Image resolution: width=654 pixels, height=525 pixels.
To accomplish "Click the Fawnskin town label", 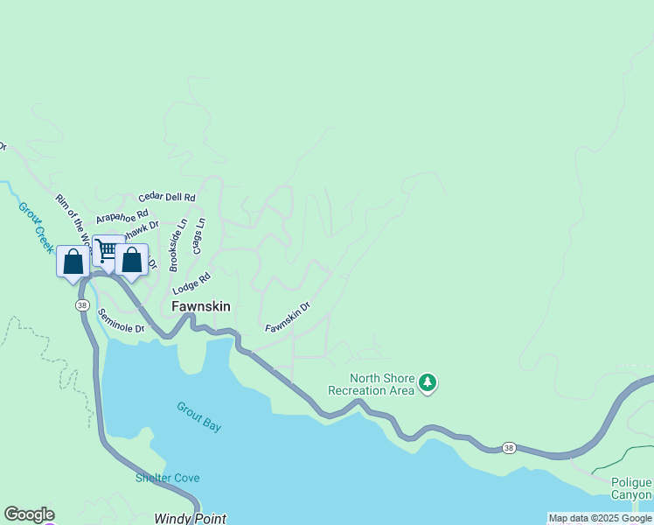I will (200, 306).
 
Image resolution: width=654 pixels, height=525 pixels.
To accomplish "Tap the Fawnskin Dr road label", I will (288, 317).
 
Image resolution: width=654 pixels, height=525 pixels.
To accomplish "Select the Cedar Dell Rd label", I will (166, 198).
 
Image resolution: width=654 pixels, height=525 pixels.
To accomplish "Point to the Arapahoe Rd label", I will (122, 215).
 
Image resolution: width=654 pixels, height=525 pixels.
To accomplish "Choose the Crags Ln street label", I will (200, 235).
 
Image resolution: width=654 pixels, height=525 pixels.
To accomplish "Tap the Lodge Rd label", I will (192, 283).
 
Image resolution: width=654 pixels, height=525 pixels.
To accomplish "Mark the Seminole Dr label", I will (121, 321).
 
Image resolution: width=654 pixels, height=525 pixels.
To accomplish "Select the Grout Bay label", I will (198, 417).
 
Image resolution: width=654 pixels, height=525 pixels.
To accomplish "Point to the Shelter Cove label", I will (167, 478).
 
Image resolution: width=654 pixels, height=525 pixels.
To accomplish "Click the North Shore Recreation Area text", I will (371, 384).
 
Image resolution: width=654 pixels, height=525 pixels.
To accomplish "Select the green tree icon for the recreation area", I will (428, 382).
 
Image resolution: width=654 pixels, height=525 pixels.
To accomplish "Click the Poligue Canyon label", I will (631, 488).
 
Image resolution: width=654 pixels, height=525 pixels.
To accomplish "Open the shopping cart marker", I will (107, 250).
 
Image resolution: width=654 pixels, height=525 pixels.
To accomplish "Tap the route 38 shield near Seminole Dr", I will (81, 304).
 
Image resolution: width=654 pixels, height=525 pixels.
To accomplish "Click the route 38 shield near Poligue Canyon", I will (509, 448).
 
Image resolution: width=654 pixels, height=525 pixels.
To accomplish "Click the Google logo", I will (29, 514).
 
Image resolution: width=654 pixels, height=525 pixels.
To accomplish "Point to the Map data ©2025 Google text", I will (600, 518).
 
